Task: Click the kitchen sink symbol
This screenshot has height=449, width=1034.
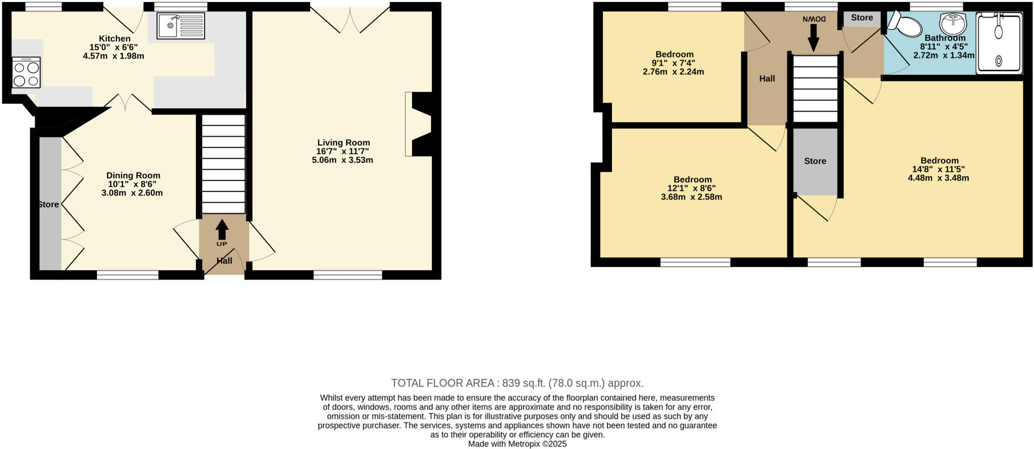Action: click(181, 26)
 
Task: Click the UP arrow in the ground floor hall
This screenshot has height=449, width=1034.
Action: click(222, 231)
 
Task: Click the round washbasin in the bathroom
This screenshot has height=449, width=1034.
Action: click(953, 23)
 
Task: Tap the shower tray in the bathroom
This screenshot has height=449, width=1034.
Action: click(999, 43)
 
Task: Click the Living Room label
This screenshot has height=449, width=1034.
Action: click(343, 143)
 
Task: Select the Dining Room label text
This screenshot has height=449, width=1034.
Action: click(133, 176)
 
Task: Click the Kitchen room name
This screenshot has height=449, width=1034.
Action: click(115, 38)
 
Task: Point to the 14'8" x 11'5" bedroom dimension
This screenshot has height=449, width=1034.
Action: click(939, 170)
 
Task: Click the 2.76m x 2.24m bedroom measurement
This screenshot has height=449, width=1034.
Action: click(673, 72)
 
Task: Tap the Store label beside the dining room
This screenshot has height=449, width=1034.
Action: click(49, 205)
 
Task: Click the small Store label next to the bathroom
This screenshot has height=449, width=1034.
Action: click(862, 18)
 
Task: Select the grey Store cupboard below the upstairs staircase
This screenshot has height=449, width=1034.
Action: click(815, 161)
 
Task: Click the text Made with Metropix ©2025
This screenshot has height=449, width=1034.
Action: click(517, 444)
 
